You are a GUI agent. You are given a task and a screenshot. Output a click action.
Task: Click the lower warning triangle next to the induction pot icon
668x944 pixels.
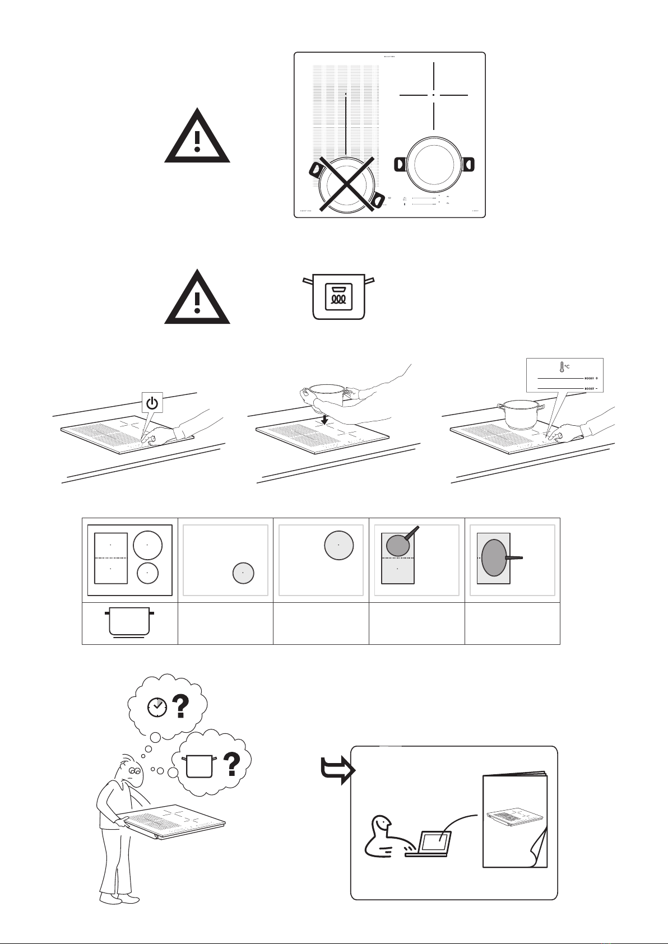click(x=197, y=297)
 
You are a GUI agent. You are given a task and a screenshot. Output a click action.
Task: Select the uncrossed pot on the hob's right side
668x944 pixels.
click(x=434, y=163)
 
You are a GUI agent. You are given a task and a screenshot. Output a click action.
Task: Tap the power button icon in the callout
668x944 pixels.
click(x=152, y=402)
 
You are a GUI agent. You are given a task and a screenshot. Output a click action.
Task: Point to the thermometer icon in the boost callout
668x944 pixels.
click(x=559, y=367)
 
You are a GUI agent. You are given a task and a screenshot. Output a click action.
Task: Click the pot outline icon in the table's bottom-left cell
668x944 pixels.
click(x=129, y=621)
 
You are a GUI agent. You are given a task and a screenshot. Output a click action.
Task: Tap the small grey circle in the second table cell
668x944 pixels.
click(x=243, y=573)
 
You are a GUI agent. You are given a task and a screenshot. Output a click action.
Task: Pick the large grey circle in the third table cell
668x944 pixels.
click(x=338, y=545)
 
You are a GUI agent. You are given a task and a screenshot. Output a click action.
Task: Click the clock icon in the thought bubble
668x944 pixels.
click(x=157, y=707)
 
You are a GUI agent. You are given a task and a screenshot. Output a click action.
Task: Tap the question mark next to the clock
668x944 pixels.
click(x=180, y=706)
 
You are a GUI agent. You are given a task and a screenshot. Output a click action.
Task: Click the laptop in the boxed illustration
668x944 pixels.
click(x=430, y=844)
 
